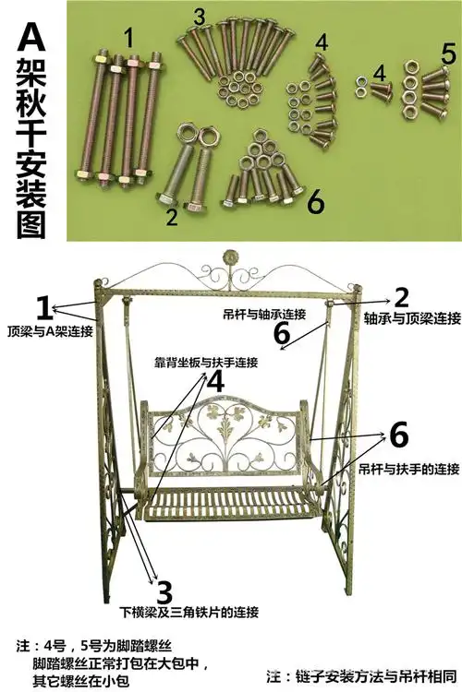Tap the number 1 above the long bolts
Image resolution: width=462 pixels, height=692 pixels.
pyautogui.click(x=128, y=38)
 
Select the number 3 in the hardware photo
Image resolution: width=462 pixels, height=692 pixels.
pyautogui.click(x=200, y=17)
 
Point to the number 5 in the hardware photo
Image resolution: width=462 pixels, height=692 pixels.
pyautogui.click(x=448, y=52)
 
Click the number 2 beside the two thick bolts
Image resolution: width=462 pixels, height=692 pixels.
pyautogui.click(x=172, y=218)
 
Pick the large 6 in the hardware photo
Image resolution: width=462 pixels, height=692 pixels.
pyautogui.click(x=315, y=201)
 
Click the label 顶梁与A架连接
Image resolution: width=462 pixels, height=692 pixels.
pyautogui.click(x=44, y=330)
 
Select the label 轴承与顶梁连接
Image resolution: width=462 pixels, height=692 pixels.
pyautogui.click(x=410, y=318)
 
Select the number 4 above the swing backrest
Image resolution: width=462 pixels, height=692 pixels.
pyautogui.click(x=214, y=381)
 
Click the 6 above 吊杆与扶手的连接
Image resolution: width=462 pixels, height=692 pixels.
pyautogui.click(x=398, y=434)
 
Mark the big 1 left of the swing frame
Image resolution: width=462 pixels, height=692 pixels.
pyautogui.click(x=43, y=307)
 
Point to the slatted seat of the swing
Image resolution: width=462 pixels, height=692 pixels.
pyautogui.click(x=231, y=503)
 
